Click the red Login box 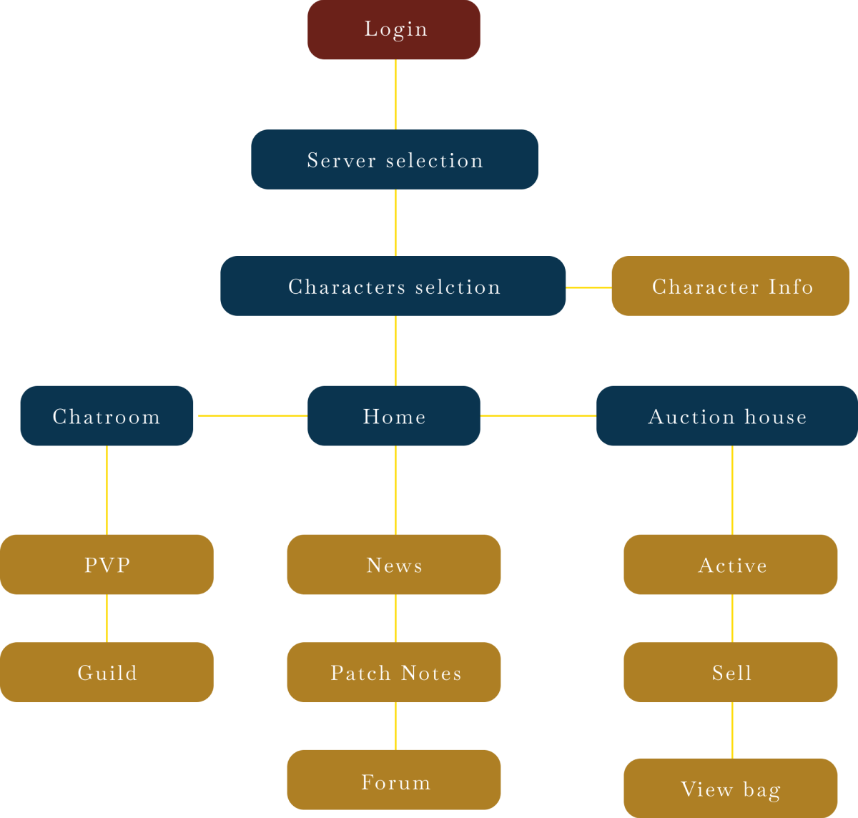(x=394, y=29)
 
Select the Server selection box (x=395, y=159)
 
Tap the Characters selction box (x=393, y=286)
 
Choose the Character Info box (x=730, y=286)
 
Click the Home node (x=394, y=415)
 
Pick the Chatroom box (x=107, y=415)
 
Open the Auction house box (x=727, y=415)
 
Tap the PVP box (x=107, y=564)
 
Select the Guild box (x=107, y=672)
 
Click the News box (x=394, y=564)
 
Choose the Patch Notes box (x=394, y=672)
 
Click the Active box (x=731, y=564)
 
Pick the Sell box (x=731, y=672)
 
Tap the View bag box (x=731, y=788)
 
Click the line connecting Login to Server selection (x=395, y=94)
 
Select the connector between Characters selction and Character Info (x=588, y=287)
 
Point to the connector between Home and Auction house (x=538, y=415)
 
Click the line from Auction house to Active (x=732, y=490)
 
